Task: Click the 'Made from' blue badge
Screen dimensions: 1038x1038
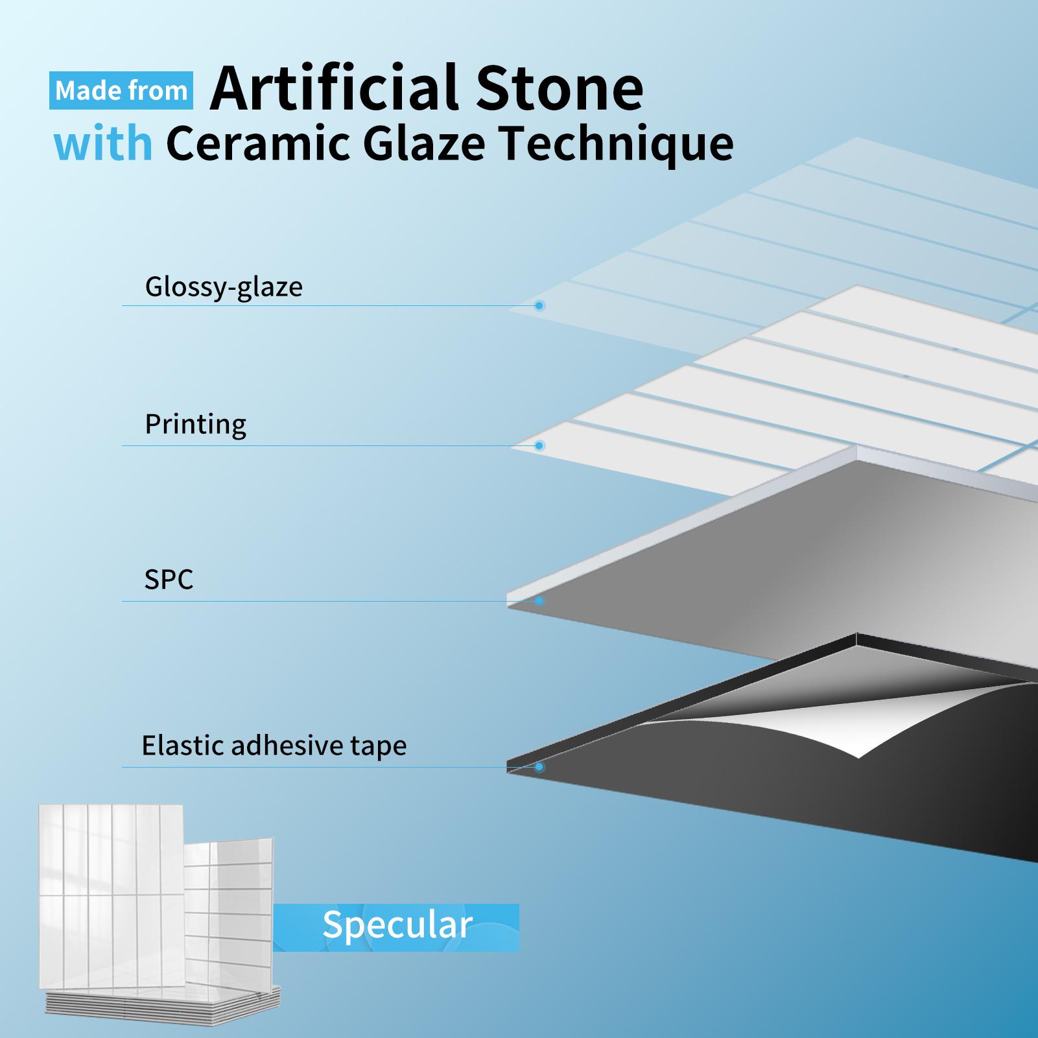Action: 121,90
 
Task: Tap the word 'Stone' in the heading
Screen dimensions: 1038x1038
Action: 560,88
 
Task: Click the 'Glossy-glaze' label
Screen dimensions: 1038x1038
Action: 224,287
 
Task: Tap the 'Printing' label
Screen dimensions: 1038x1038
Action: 195,425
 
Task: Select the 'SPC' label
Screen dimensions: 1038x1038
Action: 169,579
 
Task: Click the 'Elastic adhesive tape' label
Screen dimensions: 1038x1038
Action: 274,745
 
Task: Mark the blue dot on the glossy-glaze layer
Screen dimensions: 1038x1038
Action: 539,305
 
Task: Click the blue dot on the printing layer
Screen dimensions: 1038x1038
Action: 539,445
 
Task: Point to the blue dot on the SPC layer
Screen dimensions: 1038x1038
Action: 539,601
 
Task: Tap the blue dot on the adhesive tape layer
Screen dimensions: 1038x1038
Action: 539,767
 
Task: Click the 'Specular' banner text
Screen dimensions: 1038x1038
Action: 397,925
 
